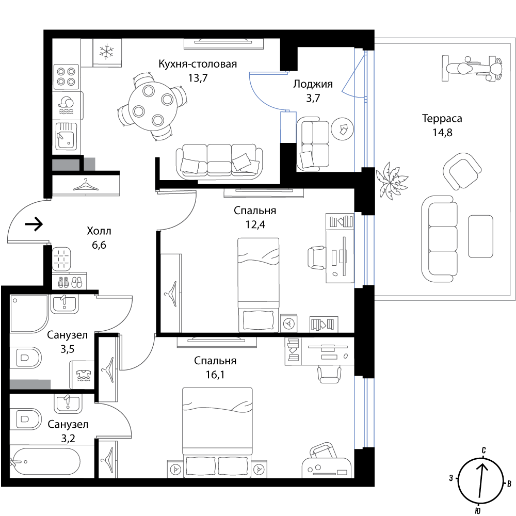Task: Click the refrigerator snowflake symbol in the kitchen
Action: point(107,52)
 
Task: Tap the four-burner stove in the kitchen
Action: point(66,76)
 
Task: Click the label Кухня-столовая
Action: point(198,63)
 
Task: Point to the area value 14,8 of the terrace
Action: point(442,133)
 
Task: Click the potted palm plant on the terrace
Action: point(391,180)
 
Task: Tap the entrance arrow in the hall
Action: point(34,224)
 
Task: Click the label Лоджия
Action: point(313,84)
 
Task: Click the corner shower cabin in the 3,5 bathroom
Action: point(29,313)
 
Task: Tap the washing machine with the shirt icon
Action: point(82,375)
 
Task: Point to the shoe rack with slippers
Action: point(70,281)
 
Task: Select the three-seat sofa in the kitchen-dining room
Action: point(219,161)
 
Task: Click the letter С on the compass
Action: point(484,450)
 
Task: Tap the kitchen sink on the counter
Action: point(66,136)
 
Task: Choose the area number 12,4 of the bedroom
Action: point(255,224)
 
